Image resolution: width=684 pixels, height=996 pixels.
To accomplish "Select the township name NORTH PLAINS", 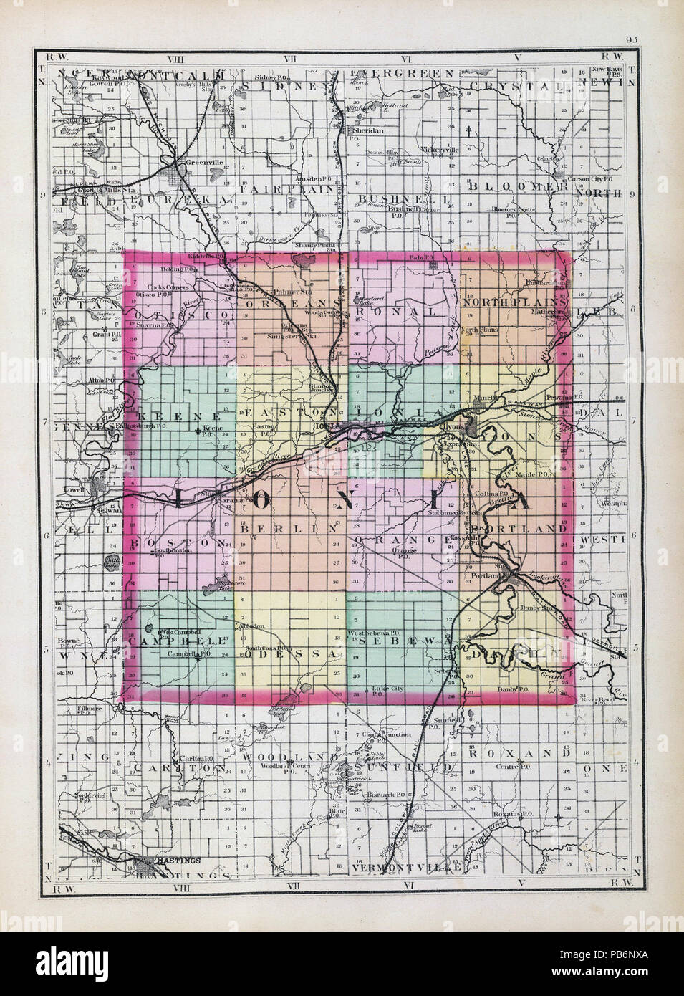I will coord(515,302).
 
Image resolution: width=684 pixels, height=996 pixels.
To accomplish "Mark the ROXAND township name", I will coord(517,754).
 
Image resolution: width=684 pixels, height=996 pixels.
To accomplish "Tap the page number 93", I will coord(631,40).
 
